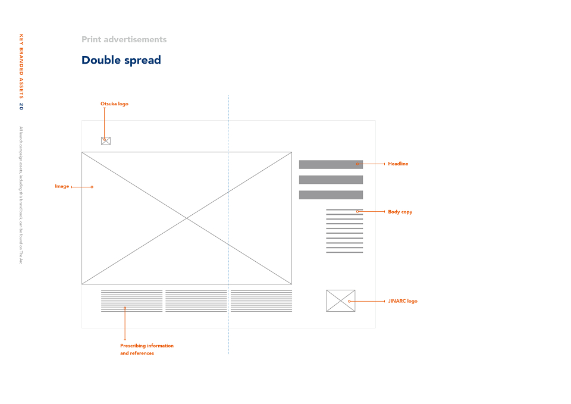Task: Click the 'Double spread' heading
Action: tap(121, 61)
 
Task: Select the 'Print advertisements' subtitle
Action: tap(124, 39)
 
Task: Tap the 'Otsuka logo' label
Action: tap(114, 104)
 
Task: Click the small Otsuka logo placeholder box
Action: tap(106, 141)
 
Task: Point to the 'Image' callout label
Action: tap(62, 186)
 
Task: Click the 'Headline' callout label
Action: tap(398, 164)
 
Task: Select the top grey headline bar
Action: tap(331, 164)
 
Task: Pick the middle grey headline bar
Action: tap(331, 180)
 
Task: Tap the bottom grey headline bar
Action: tap(331, 195)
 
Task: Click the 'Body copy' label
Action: tap(400, 212)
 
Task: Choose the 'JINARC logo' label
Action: tap(403, 301)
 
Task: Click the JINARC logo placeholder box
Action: tap(340, 301)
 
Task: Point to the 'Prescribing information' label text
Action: tap(147, 346)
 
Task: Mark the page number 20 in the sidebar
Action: tap(21, 107)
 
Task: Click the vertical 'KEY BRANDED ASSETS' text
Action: tap(21, 66)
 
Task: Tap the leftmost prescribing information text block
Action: tap(132, 301)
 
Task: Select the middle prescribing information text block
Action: tap(196, 301)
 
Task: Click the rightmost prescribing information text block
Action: tap(261, 301)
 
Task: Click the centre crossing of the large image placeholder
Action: tap(187, 218)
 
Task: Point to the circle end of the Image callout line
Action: tap(92, 187)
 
